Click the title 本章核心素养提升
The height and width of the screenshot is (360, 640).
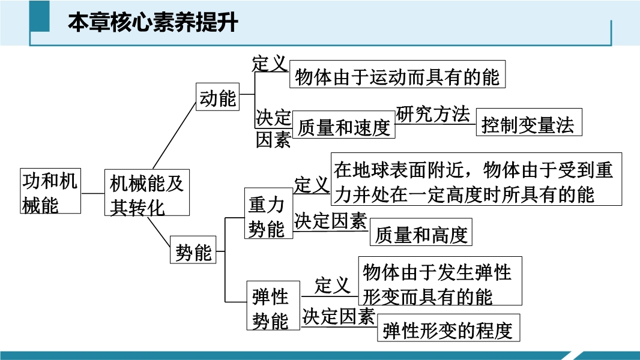pyautogui.click(x=153, y=22)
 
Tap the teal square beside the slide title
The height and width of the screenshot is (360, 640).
pyautogui.click(x=40, y=16)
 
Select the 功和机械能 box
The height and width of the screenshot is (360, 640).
pyautogui.click(x=50, y=191)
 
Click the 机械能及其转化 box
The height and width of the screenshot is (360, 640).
pyautogui.click(x=147, y=193)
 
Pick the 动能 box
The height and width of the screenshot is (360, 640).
pyautogui.click(x=217, y=97)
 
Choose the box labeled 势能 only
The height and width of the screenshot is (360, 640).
pyautogui.click(x=193, y=250)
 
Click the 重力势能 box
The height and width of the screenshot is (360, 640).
pyautogui.click(x=268, y=213)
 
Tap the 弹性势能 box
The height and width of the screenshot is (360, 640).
pyautogui.click(x=273, y=305)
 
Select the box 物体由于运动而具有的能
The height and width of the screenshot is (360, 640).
pyautogui.click(x=397, y=74)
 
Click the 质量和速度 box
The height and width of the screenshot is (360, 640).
pyautogui.click(x=343, y=125)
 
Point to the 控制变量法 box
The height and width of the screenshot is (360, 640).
pyautogui.click(x=529, y=122)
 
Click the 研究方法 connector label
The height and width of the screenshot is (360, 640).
pyautogui.click(x=433, y=114)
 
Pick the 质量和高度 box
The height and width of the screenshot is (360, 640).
pyautogui.click(x=421, y=232)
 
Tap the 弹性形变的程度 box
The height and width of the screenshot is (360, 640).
pyautogui.click(x=448, y=328)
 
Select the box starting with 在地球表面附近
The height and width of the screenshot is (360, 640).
pyautogui.click(x=476, y=179)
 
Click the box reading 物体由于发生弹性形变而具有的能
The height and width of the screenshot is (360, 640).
pyautogui.click(x=440, y=281)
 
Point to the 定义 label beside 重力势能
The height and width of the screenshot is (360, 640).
pyautogui.click(x=312, y=184)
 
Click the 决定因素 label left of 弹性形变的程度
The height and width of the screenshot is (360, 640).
pyautogui.click(x=339, y=316)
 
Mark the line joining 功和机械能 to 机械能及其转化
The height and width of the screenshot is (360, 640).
pyautogui.click(x=92, y=193)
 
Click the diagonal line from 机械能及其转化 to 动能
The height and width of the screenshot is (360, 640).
pyautogui.click(x=174, y=136)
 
